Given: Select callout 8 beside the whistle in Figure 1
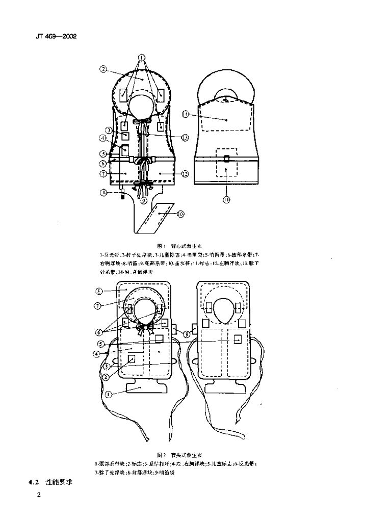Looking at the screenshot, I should (x=103, y=192).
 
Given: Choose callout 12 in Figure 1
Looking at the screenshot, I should (x=185, y=174).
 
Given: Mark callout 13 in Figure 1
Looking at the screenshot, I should (x=185, y=137).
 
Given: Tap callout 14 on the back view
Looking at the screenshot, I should (x=187, y=115).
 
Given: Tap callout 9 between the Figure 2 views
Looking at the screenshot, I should (x=187, y=334).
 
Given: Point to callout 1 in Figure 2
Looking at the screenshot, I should (x=108, y=394).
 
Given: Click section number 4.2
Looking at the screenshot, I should (x=33, y=481).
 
